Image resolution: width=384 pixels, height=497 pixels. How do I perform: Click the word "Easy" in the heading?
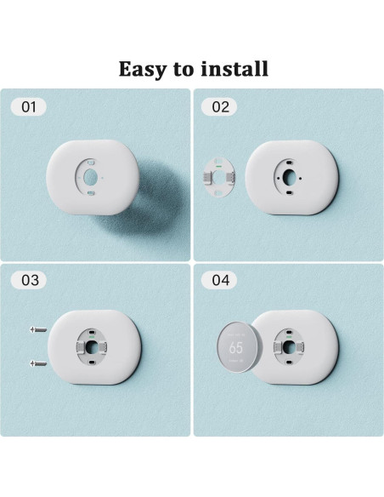pyautogui.click(x=144, y=68)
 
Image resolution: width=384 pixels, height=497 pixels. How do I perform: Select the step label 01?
pyautogui.click(x=29, y=107)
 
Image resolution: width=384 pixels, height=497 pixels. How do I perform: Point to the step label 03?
pyautogui.click(x=29, y=280)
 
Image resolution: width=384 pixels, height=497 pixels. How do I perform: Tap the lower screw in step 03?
pyautogui.click(x=37, y=363)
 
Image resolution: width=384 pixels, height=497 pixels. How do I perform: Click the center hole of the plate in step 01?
pyautogui.click(x=91, y=175)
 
